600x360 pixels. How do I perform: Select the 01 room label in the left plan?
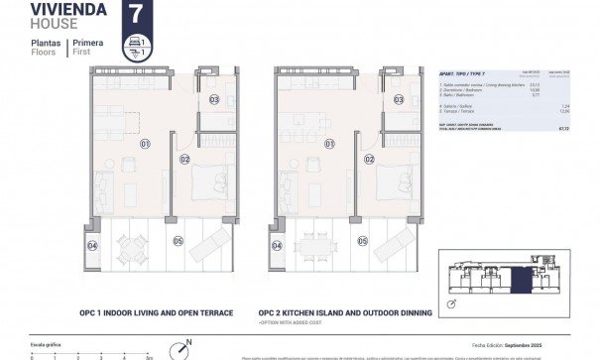coord(144,144)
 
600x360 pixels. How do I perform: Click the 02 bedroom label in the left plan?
coord(184,159)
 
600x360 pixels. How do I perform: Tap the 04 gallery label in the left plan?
coord(92,245)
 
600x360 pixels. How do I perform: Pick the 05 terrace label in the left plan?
coord(179,240)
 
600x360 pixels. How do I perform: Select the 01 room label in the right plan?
coord(327,144)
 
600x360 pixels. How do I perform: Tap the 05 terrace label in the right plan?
coord(363,240)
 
